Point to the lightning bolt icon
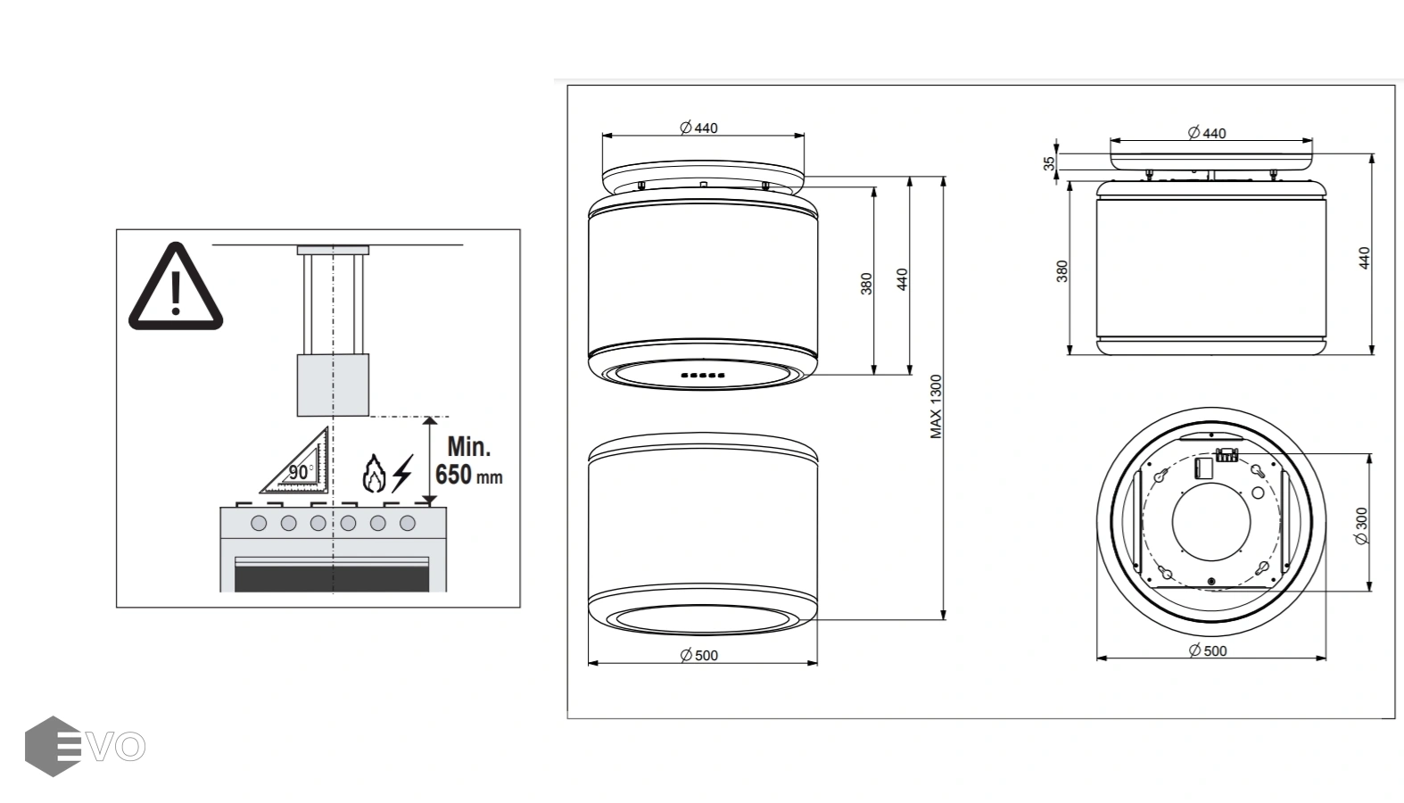(x=402, y=473)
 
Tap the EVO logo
(x=86, y=747)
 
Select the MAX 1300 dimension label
(x=936, y=406)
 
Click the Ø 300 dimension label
(x=1361, y=526)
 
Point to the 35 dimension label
(x=1049, y=163)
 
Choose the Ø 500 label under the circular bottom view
(x=1208, y=650)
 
